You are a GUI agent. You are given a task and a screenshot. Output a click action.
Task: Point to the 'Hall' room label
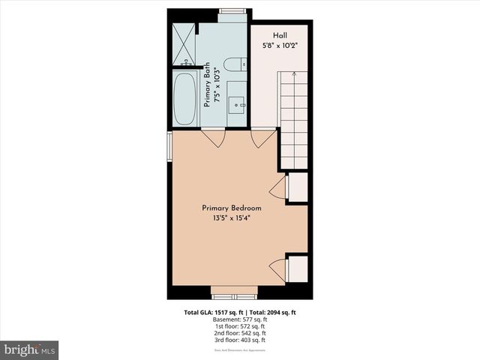[280, 35]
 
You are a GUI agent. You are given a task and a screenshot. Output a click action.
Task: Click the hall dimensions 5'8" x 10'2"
[280, 45]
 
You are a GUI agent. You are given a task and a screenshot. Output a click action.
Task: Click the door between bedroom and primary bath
[214, 137]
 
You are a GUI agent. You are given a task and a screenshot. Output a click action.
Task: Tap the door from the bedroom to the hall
[262, 137]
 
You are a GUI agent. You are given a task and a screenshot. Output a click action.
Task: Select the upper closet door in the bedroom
[279, 187]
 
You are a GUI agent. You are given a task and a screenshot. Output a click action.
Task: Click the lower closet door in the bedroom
[279, 268]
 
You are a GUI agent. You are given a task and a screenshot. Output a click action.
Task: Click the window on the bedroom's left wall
[169, 147]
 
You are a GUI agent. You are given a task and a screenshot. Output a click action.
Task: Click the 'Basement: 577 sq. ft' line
[240, 319]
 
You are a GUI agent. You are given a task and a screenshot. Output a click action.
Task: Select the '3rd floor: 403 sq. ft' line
[240, 340]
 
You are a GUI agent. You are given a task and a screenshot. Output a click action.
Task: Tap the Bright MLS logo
[30, 349]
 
